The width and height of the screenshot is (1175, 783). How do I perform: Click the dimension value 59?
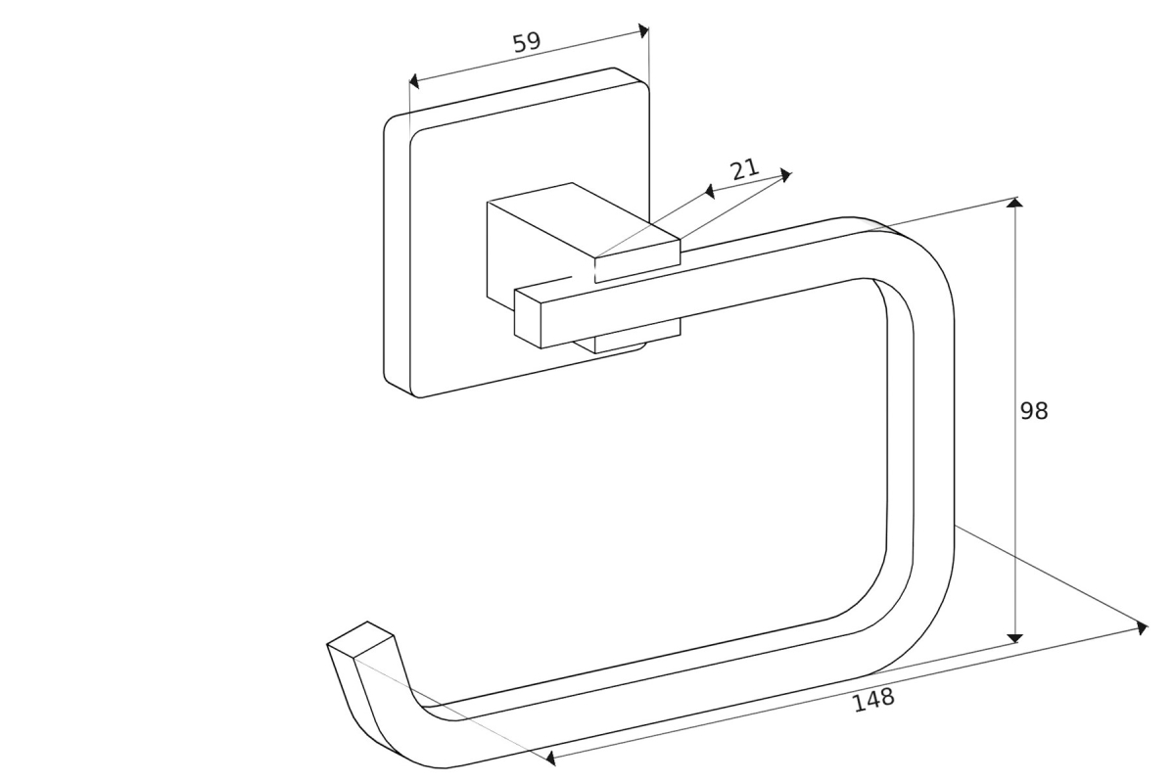click(x=527, y=42)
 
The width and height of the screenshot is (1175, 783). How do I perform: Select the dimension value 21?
click(x=745, y=168)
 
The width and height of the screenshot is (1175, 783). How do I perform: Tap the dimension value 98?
click(x=1034, y=411)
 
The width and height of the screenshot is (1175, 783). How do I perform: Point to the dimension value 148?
click(x=873, y=699)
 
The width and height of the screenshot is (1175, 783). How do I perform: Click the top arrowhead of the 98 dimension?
click(x=1015, y=203)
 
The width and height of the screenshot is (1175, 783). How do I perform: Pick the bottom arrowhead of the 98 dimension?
click(x=1015, y=637)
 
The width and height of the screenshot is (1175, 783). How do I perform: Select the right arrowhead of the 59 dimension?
click(x=643, y=30)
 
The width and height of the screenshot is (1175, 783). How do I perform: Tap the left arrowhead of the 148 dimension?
click(x=551, y=758)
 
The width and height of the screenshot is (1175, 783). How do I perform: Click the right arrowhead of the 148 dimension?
click(x=1142, y=627)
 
